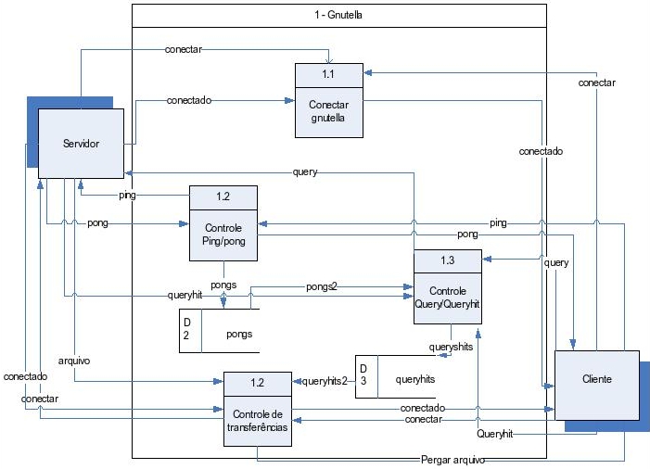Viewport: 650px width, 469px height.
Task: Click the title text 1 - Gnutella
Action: (339, 16)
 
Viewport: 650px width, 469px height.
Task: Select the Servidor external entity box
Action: (81, 144)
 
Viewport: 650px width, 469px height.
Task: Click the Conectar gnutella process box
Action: (329, 111)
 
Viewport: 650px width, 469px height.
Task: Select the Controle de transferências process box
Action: (257, 421)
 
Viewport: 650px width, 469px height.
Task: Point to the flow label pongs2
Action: (321, 287)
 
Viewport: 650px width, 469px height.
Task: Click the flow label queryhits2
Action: (325, 380)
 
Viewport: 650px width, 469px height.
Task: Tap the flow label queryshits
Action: (452, 347)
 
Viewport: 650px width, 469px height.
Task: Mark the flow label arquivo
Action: (73, 361)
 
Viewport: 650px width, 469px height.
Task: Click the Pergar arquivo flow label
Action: (452, 459)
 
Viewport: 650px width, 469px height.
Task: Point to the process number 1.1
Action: (329, 73)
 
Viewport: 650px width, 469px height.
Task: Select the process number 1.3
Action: (447, 260)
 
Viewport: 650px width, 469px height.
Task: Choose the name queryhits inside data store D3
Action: (414, 378)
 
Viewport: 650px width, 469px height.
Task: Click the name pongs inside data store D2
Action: (239, 333)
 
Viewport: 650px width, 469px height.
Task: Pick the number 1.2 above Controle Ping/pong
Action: (223, 196)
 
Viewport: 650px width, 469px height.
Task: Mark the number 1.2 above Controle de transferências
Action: (257, 382)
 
